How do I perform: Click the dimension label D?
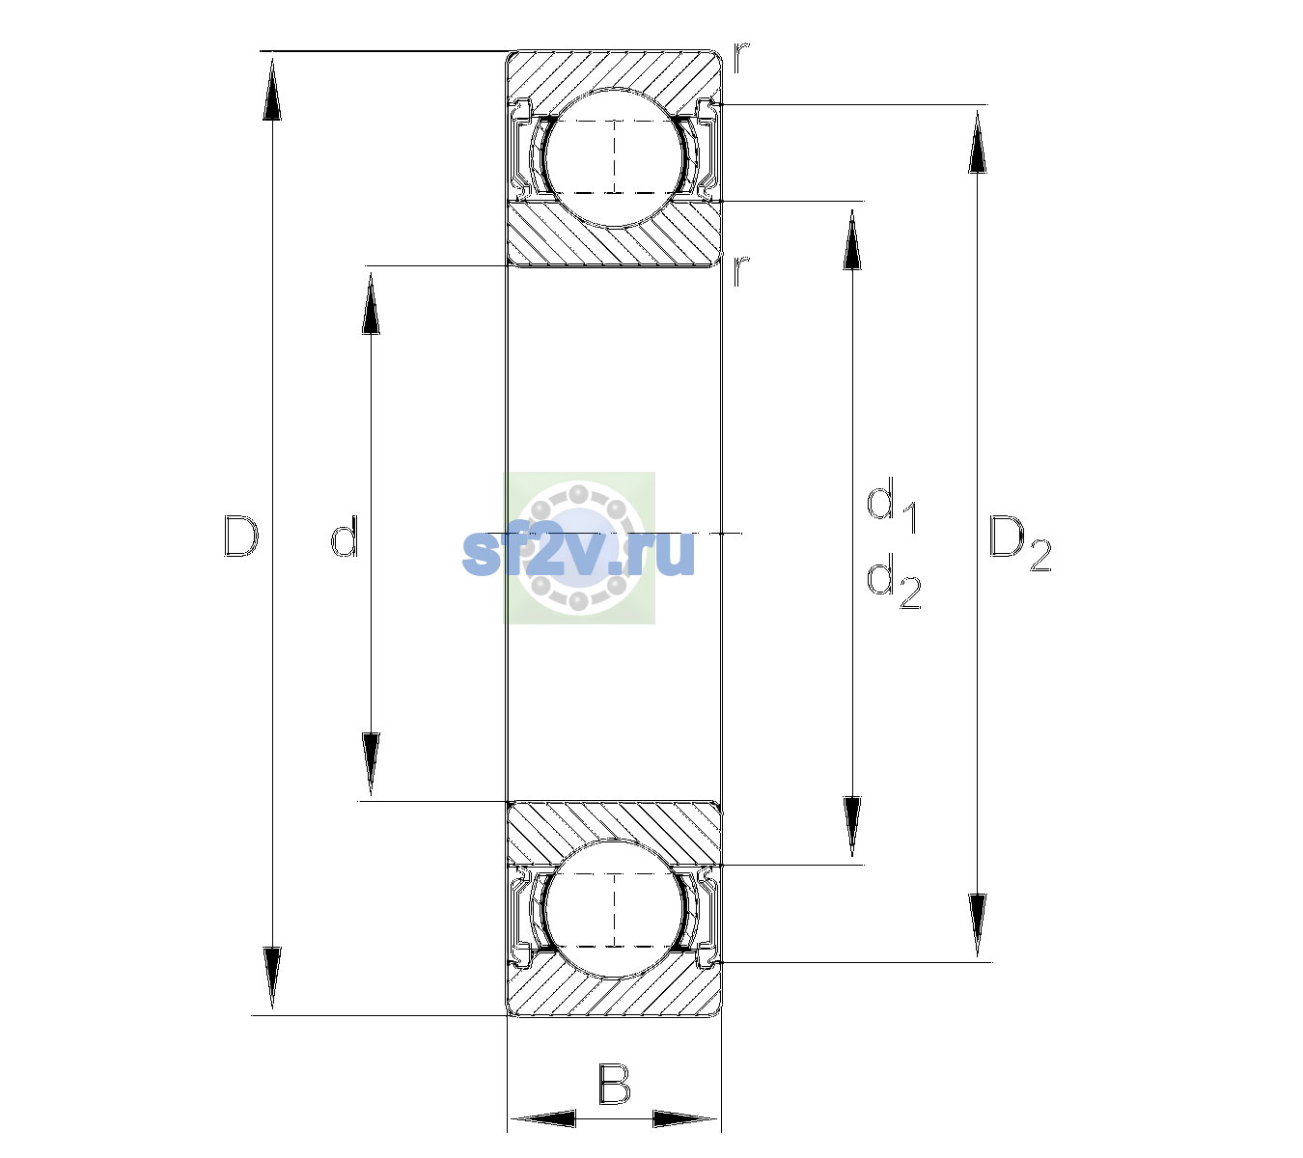[240, 536]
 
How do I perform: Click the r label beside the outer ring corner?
[741, 57]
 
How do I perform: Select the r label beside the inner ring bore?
[741, 270]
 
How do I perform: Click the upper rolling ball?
[614, 157]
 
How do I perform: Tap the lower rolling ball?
[614, 909]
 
